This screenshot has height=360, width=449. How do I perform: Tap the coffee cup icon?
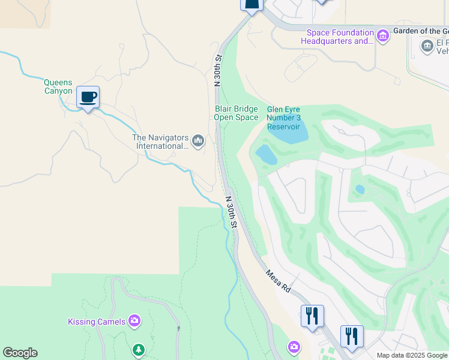pos(88,97)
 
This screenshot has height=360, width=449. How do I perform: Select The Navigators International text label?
pos(160,142)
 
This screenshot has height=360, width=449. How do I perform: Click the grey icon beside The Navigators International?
pos(198,142)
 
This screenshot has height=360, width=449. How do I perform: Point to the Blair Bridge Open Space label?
pos(236,113)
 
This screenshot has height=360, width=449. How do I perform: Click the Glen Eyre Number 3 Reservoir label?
pos(283,118)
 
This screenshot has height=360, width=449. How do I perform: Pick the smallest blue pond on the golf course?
pos(360,190)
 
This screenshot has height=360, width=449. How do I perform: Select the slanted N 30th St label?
pos(232,211)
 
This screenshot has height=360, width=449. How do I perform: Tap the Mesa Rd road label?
pos(278,280)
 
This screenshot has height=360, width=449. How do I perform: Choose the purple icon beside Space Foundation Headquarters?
pos(383,37)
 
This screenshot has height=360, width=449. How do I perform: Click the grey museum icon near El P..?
pos(427,46)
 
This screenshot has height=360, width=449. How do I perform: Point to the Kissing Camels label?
pos(97,322)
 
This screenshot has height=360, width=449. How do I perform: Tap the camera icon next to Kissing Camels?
pos(134,321)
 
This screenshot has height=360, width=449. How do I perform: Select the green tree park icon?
pos(139,349)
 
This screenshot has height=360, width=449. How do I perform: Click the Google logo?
pos(20,353)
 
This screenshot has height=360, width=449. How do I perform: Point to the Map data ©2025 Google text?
pos(412,355)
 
